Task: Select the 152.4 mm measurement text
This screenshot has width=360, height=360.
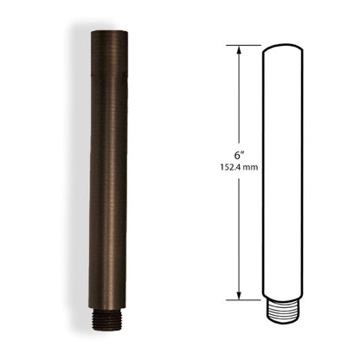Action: [x=238, y=168]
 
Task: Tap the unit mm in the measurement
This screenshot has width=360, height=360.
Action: [x=252, y=168]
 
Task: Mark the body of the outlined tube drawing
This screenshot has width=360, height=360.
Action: [x=286, y=173]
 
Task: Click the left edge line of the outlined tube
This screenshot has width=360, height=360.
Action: [x=263, y=173]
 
